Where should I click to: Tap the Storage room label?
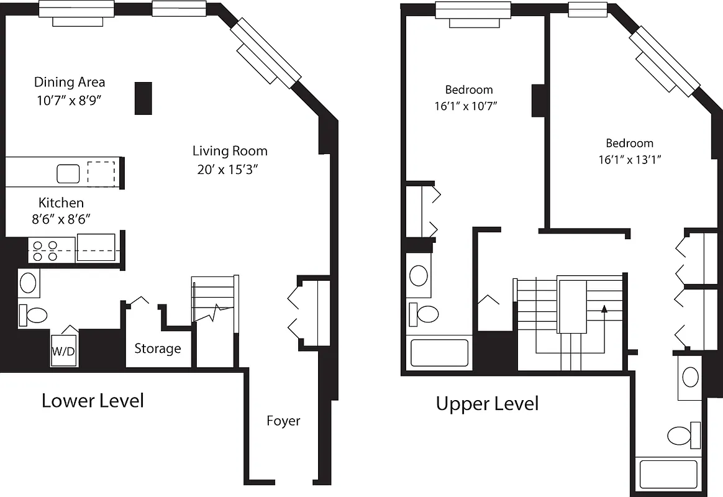pyautogui.click(x=158, y=349)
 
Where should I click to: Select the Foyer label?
pyautogui.click(x=283, y=421)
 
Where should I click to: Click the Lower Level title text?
pyautogui.click(x=93, y=401)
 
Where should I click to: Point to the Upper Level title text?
pyautogui.click(x=487, y=404)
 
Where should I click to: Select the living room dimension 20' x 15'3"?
pyautogui.click(x=225, y=170)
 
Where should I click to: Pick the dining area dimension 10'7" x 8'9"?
pyautogui.click(x=68, y=101)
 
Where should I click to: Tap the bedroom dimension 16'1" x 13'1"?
pyautogui.click(x=629, y=160)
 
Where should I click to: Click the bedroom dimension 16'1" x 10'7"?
pyautogui.click(x=466, y=106)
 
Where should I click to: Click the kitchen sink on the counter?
pyautogui.click(x=68, y=173)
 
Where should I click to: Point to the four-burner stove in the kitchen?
pyautogui.click(x=45, y=250)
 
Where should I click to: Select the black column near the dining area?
pyautogui.click(x=143, y=98)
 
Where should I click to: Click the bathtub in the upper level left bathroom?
pyautogui.click(x=439, y=353)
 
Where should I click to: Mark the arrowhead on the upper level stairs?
pyautogui.click(x=604, y=308)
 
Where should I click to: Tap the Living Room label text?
pyautogui.click(x=230, y=151)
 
